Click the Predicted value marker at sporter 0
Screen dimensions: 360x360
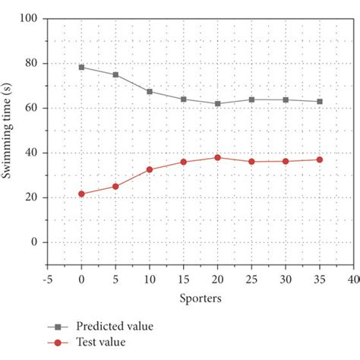(x=81, y=67)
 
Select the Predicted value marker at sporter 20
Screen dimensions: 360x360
(x=217, y=103)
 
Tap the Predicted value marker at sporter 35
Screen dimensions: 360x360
(x=319, y=101)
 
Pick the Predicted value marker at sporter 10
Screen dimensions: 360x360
(x=150, y=91)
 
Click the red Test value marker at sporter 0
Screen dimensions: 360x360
(x=81, y=194)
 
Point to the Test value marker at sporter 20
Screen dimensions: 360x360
(x=217, y=157)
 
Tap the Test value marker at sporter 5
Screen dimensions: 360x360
(x=115, y=186)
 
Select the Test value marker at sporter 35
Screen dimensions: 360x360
(x=319, y=159)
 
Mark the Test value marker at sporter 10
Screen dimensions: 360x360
(x=150, y=169)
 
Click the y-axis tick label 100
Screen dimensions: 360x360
(x=29, y=18)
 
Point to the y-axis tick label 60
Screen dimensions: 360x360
(x=32, y=108)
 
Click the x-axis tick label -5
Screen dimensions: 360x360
(x=46, y=279)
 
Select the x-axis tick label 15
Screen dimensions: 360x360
(x=183, y=279)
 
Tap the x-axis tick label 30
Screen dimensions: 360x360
(x=285, y=279)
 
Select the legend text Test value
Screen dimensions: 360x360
(x=106, y=343)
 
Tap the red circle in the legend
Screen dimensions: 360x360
(x=57, y=343)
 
